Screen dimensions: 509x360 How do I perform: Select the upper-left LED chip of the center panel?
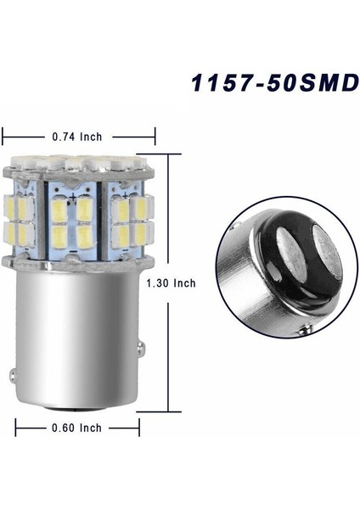[58, 208]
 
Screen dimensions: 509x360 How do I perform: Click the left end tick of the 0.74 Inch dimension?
[4, 136]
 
